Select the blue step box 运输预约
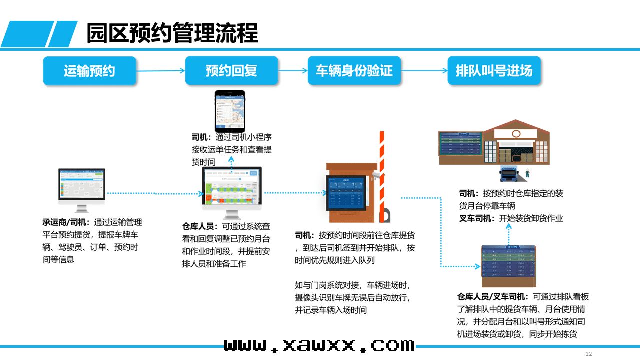point(90,71)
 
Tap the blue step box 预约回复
point(231,71)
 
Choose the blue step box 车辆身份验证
point(354,71)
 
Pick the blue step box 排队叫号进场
point(494,71)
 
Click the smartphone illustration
point(230,111)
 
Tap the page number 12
point(588,354)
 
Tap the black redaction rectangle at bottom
point(320,342)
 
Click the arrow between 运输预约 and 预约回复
point(160,71)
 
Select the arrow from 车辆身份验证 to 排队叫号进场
point(424,71)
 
